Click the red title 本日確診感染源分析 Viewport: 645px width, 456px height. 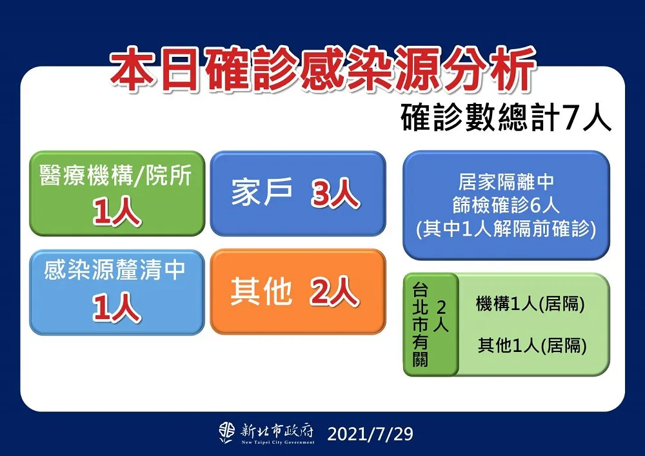[323, 68]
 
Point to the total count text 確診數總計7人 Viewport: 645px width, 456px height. [506, 118]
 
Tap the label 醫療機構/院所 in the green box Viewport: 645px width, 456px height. [116, 176]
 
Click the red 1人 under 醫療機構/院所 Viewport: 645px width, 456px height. [116, 211]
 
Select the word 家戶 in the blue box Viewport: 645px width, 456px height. [262, 192]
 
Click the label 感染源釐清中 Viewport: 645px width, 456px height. [115, 270]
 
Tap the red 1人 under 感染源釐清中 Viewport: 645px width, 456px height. [116, 307]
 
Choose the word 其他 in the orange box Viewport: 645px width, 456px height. [261, 291]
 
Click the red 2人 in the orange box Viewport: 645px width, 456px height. [334, 291]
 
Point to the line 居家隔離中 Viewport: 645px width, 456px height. [506, 181]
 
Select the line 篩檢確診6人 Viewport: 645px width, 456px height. [506, 205]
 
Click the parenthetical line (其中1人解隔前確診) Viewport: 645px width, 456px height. [506, 229]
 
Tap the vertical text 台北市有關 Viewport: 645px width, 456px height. [421, 325]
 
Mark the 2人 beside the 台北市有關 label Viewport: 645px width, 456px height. [441, 316]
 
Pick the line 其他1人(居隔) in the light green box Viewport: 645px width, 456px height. [532, 345]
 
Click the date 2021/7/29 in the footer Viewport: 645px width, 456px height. [370, 434]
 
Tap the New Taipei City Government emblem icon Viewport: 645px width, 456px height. [226, 433]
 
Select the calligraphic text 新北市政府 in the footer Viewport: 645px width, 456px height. [277, 431]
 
